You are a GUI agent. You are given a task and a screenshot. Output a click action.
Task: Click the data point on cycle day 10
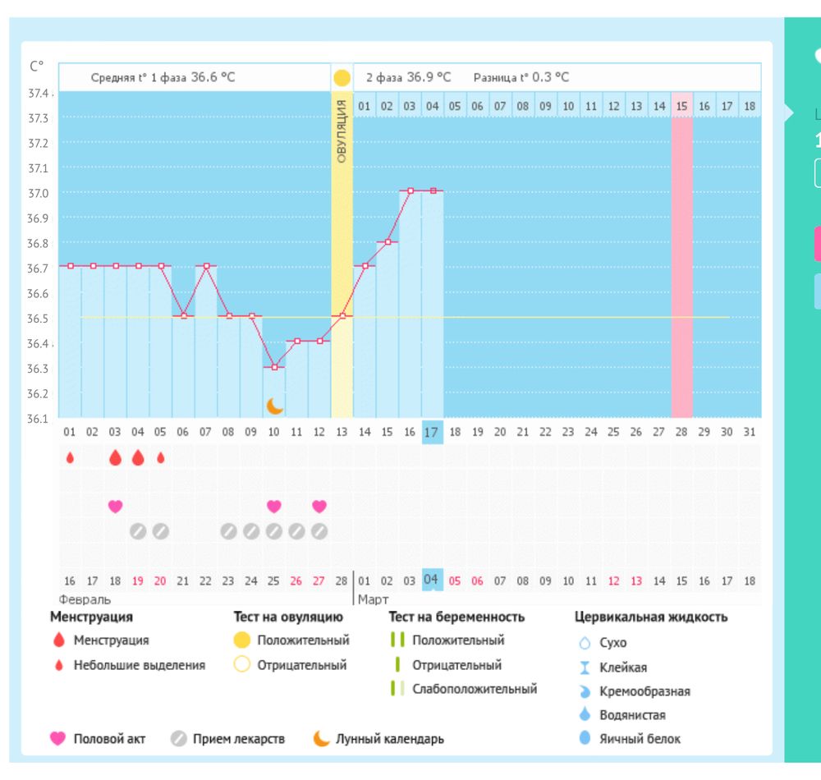click(274, 366)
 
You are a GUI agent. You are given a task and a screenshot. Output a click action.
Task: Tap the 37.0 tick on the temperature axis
click(39, 193)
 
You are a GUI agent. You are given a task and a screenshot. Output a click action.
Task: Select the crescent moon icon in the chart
click(275, 406)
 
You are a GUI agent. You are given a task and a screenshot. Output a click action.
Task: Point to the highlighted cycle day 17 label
click(433, 432)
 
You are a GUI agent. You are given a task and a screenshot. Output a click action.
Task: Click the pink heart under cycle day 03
click(115, 507)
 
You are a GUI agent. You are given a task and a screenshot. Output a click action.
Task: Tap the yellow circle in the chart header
click(342, 78)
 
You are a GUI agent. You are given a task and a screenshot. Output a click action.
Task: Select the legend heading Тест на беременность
click(456, 617)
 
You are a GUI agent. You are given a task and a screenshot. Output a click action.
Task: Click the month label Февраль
click(85, 599)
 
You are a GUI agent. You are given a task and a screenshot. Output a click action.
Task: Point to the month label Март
click(373, 599)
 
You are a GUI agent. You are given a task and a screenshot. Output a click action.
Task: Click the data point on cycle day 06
click(184, 316)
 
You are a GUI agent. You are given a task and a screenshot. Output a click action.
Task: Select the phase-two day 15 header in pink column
click(681, 106)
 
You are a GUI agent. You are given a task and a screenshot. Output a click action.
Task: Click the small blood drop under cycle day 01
click(70, 458)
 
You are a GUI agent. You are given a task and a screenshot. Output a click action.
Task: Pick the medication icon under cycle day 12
click(319, 531)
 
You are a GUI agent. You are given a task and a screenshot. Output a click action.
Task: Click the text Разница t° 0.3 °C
click(521, 78)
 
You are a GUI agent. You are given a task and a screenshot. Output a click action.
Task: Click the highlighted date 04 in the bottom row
click(432, 580)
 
